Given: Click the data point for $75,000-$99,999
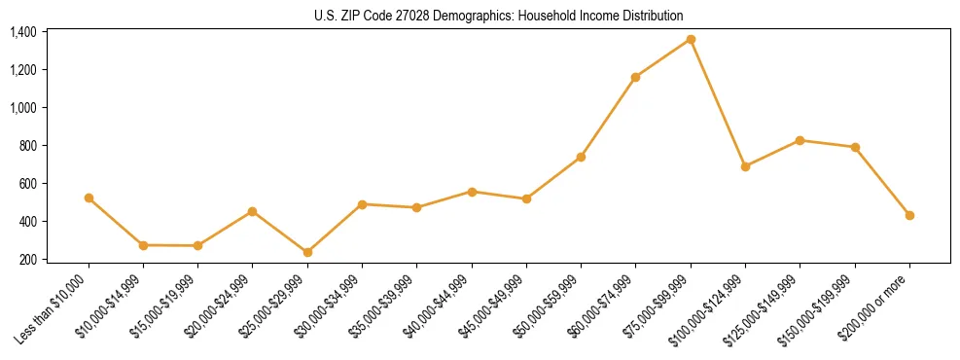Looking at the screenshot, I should point(691,39).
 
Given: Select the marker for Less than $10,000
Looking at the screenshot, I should point(89,198).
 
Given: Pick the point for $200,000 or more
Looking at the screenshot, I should point(909,215).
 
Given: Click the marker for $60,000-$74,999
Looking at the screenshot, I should point(635,77).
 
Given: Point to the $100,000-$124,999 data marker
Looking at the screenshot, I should point(745,166).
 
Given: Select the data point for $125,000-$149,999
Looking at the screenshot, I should point(800,140).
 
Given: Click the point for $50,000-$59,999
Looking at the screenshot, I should point(581,157).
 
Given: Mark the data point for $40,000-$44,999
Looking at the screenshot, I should point(472,192).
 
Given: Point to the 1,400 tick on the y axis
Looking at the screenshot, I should point(23,32).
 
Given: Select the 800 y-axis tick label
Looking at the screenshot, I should point(29,146).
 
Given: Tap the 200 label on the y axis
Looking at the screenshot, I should point(29,260).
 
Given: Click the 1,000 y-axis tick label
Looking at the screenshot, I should point(23,108).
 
